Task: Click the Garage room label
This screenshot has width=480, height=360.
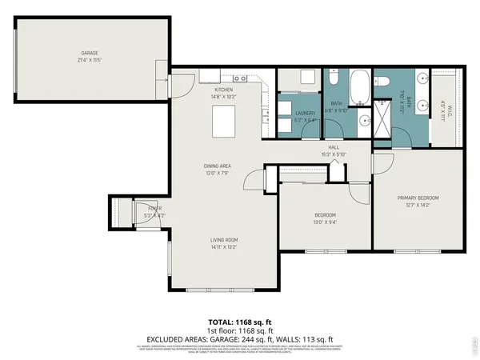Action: point(88,54)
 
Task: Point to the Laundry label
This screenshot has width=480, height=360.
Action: point(306,113)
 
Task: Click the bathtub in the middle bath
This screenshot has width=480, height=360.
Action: point(361,83)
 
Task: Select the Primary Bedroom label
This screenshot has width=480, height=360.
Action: point(418,198)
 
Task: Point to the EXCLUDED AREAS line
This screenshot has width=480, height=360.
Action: point(239,338)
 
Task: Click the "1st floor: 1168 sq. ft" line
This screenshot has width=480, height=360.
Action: point(239,330)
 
